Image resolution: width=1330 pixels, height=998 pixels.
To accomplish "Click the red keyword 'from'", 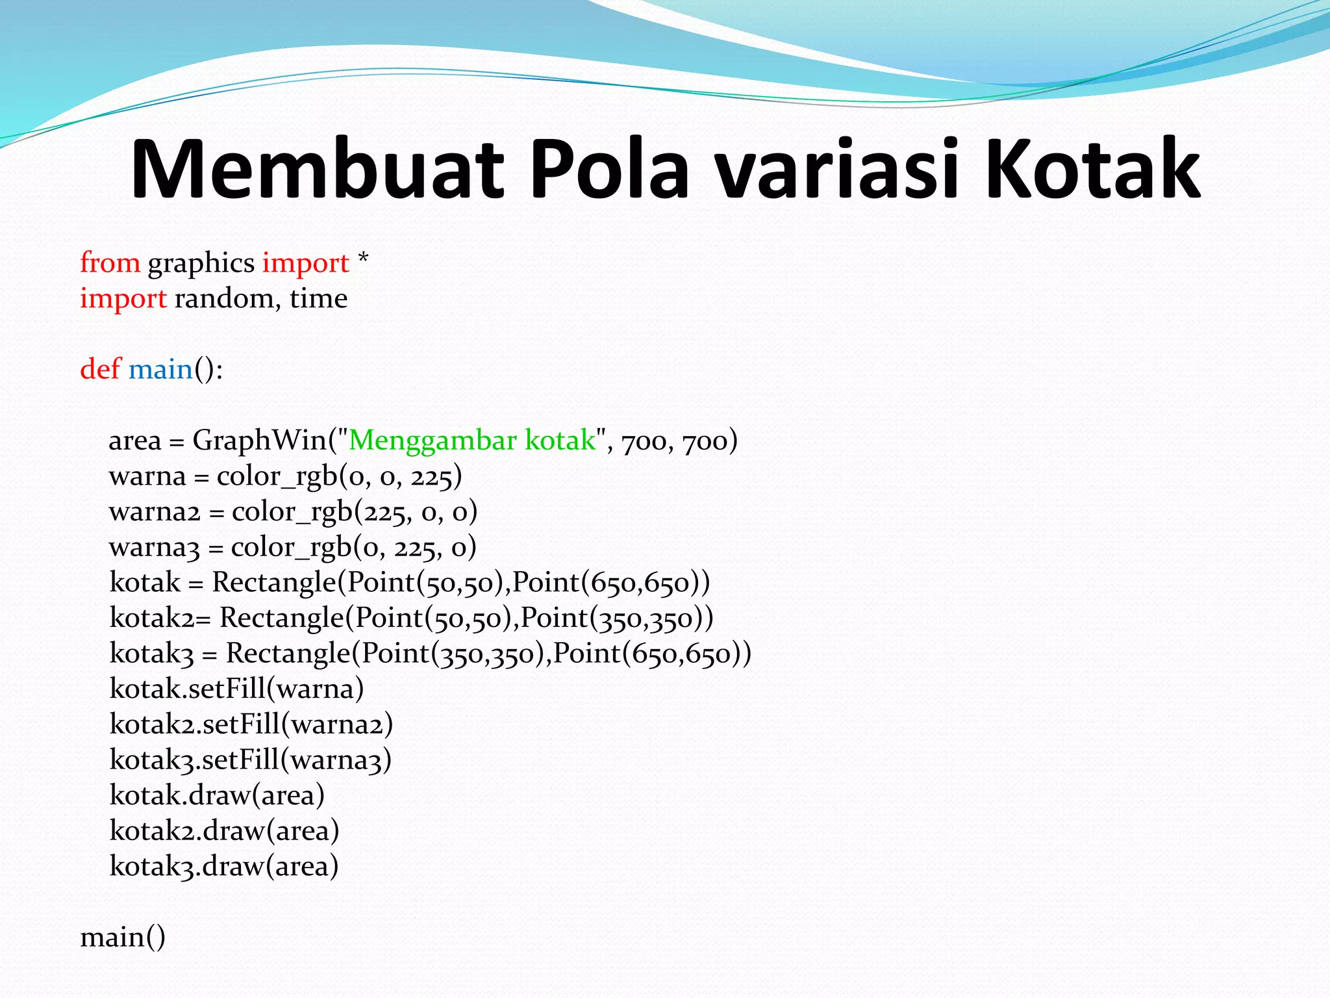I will pyautogui.click(x=110, y=263).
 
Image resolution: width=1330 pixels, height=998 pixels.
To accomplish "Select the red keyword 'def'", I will pyautogui.click(x=100, y=369).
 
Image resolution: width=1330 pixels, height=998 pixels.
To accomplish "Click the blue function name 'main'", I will pyautogui.click(x=160, y=370).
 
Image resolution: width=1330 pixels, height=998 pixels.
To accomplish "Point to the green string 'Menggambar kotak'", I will pyautogui.click(x=472, y=441).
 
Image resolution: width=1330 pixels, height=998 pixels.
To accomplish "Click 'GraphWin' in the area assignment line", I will pyautogui.click(x=260, y=441).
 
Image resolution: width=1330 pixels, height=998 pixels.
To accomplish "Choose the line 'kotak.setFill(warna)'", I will pyautogui.click(x=236, y=689).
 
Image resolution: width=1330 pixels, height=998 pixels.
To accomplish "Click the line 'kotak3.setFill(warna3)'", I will pyautogui.click(x=251, y=760).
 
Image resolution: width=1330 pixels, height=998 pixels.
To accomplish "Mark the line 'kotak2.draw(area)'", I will pyautogui.click(x=224, y=830).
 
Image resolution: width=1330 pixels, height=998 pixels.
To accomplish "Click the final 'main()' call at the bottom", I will pyautogui.click(x=123, y=937).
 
